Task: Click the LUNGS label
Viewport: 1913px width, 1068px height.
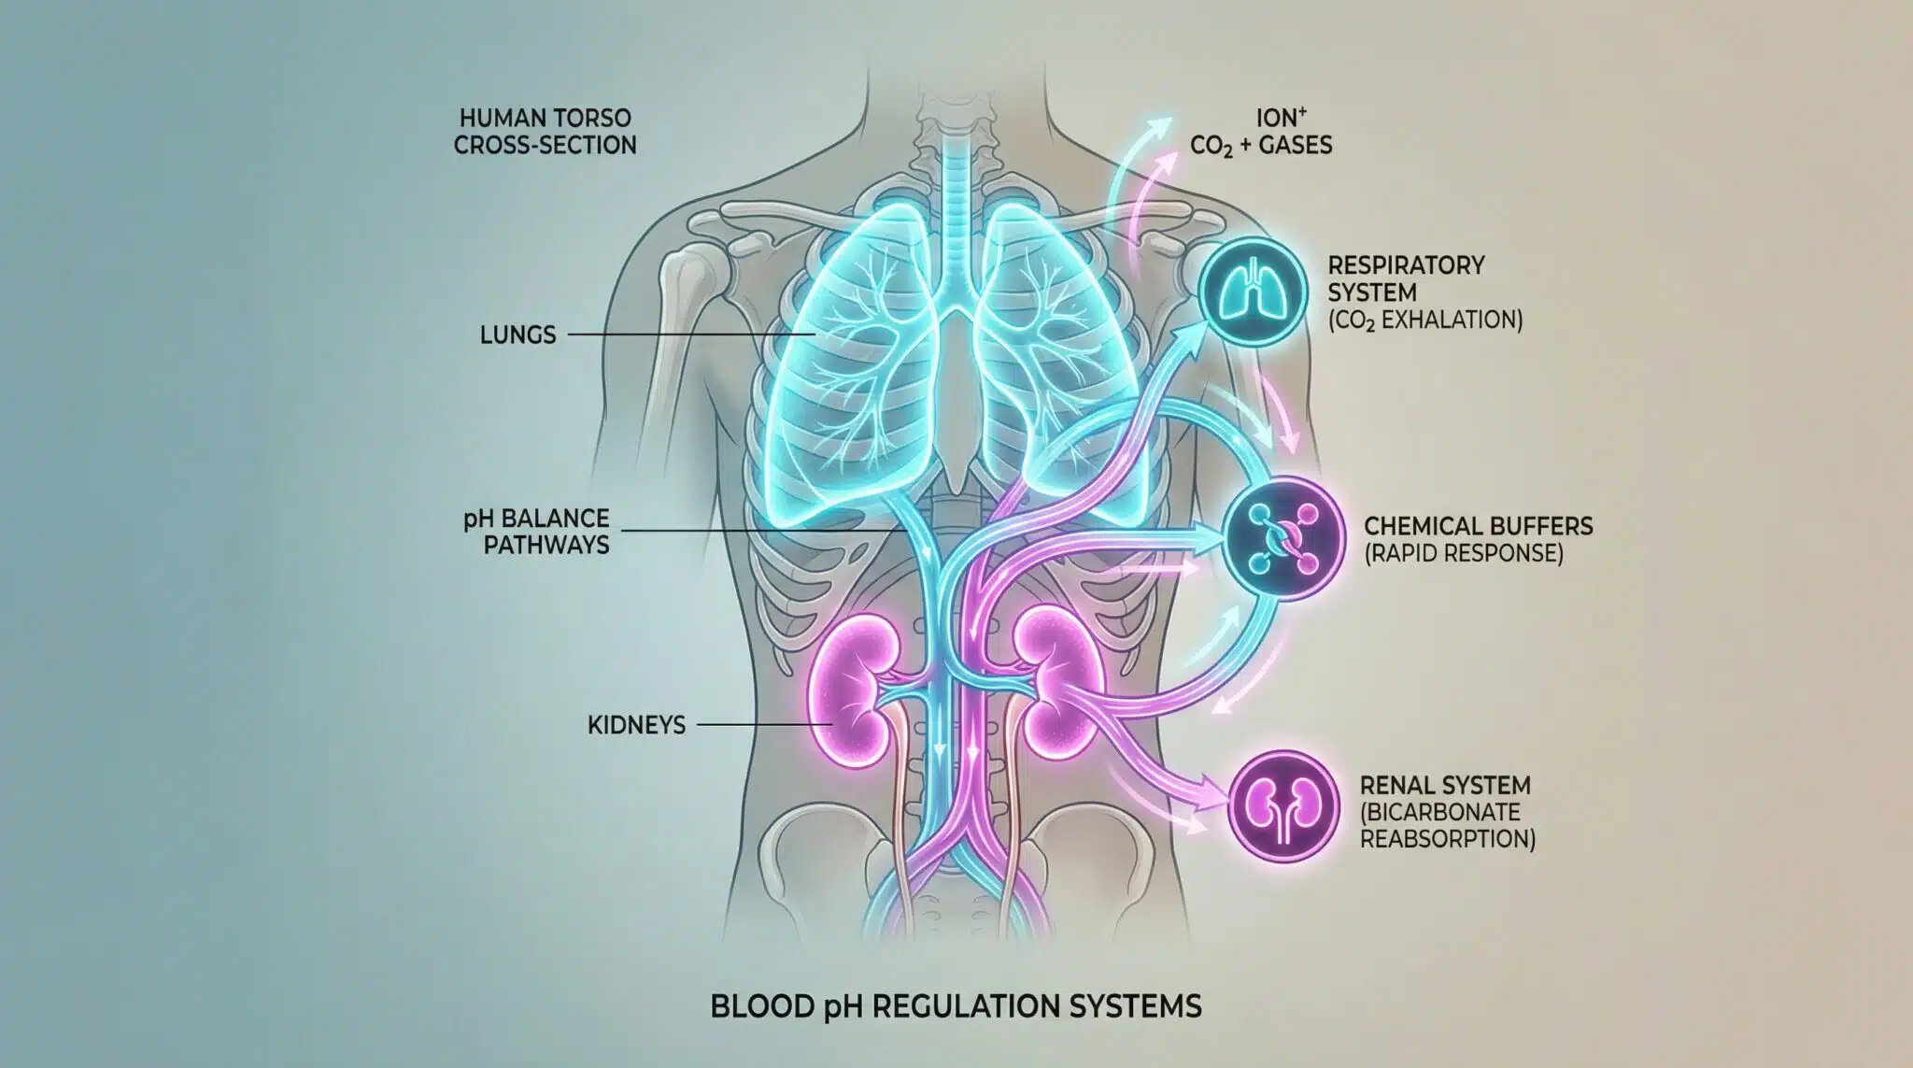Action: coord(517,335)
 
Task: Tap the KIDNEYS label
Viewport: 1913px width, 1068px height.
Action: coord(636,724)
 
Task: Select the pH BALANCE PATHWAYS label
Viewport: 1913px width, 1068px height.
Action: coord(536,531)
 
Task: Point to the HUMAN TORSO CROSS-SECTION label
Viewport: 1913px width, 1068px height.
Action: coord(546,132)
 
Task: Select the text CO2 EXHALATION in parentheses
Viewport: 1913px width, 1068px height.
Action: coord(1426,320)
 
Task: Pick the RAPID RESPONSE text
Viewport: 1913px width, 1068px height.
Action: coord(1464,552)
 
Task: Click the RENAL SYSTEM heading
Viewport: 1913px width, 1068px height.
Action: coord(1445,785)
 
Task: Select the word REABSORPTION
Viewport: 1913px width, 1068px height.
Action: coord(1447,838)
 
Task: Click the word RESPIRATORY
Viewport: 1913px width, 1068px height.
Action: coord(1406,265)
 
